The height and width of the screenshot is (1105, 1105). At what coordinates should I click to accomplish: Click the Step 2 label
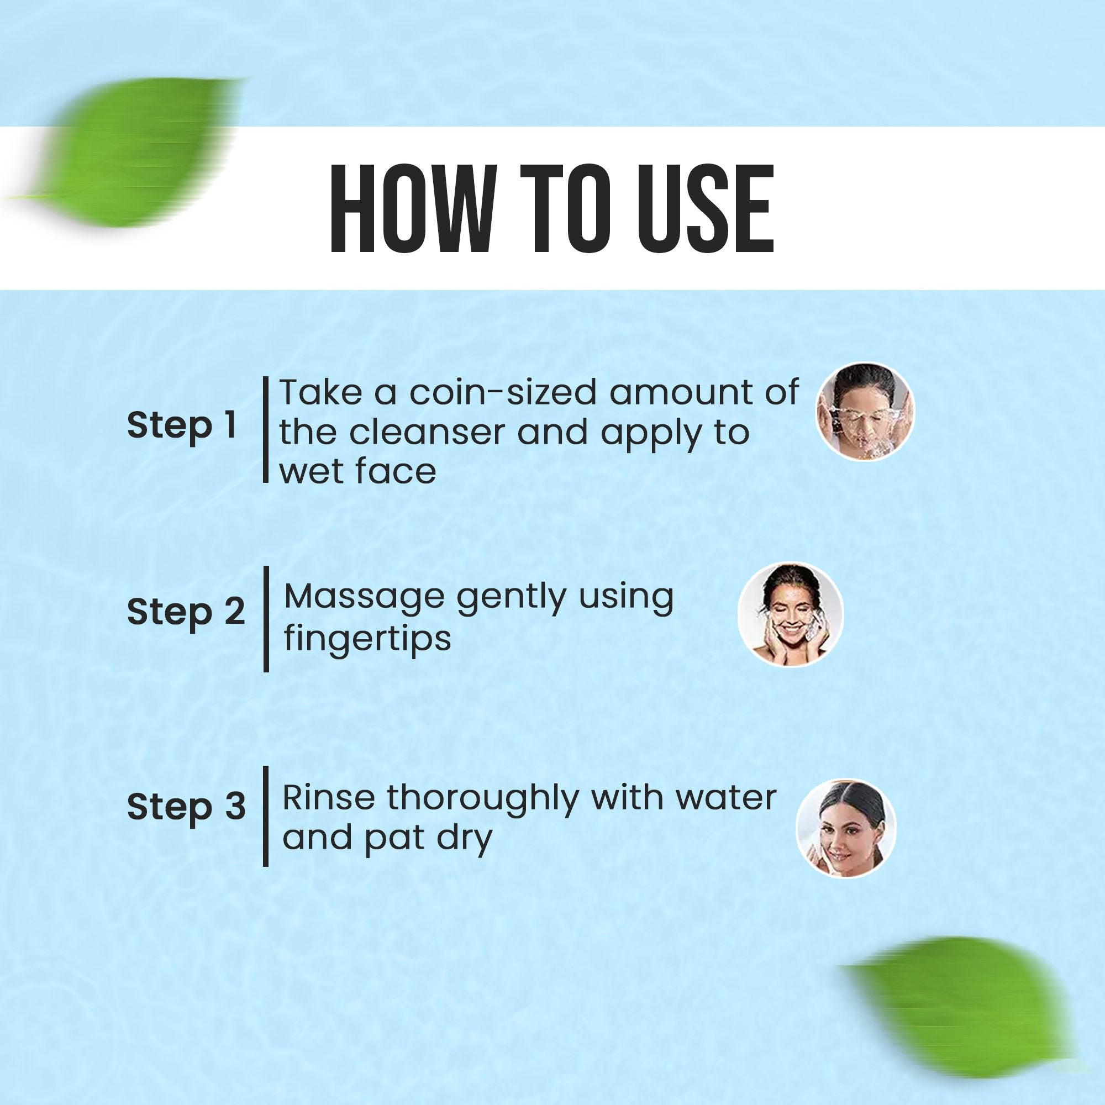186,613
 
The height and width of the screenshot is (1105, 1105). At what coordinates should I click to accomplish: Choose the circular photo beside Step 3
846,828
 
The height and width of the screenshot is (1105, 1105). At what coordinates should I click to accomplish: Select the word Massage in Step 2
364,596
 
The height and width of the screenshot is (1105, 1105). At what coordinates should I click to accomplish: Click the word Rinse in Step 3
328,798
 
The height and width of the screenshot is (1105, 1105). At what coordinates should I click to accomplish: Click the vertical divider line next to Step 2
266,619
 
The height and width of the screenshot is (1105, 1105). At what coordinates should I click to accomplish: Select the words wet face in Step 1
358,471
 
